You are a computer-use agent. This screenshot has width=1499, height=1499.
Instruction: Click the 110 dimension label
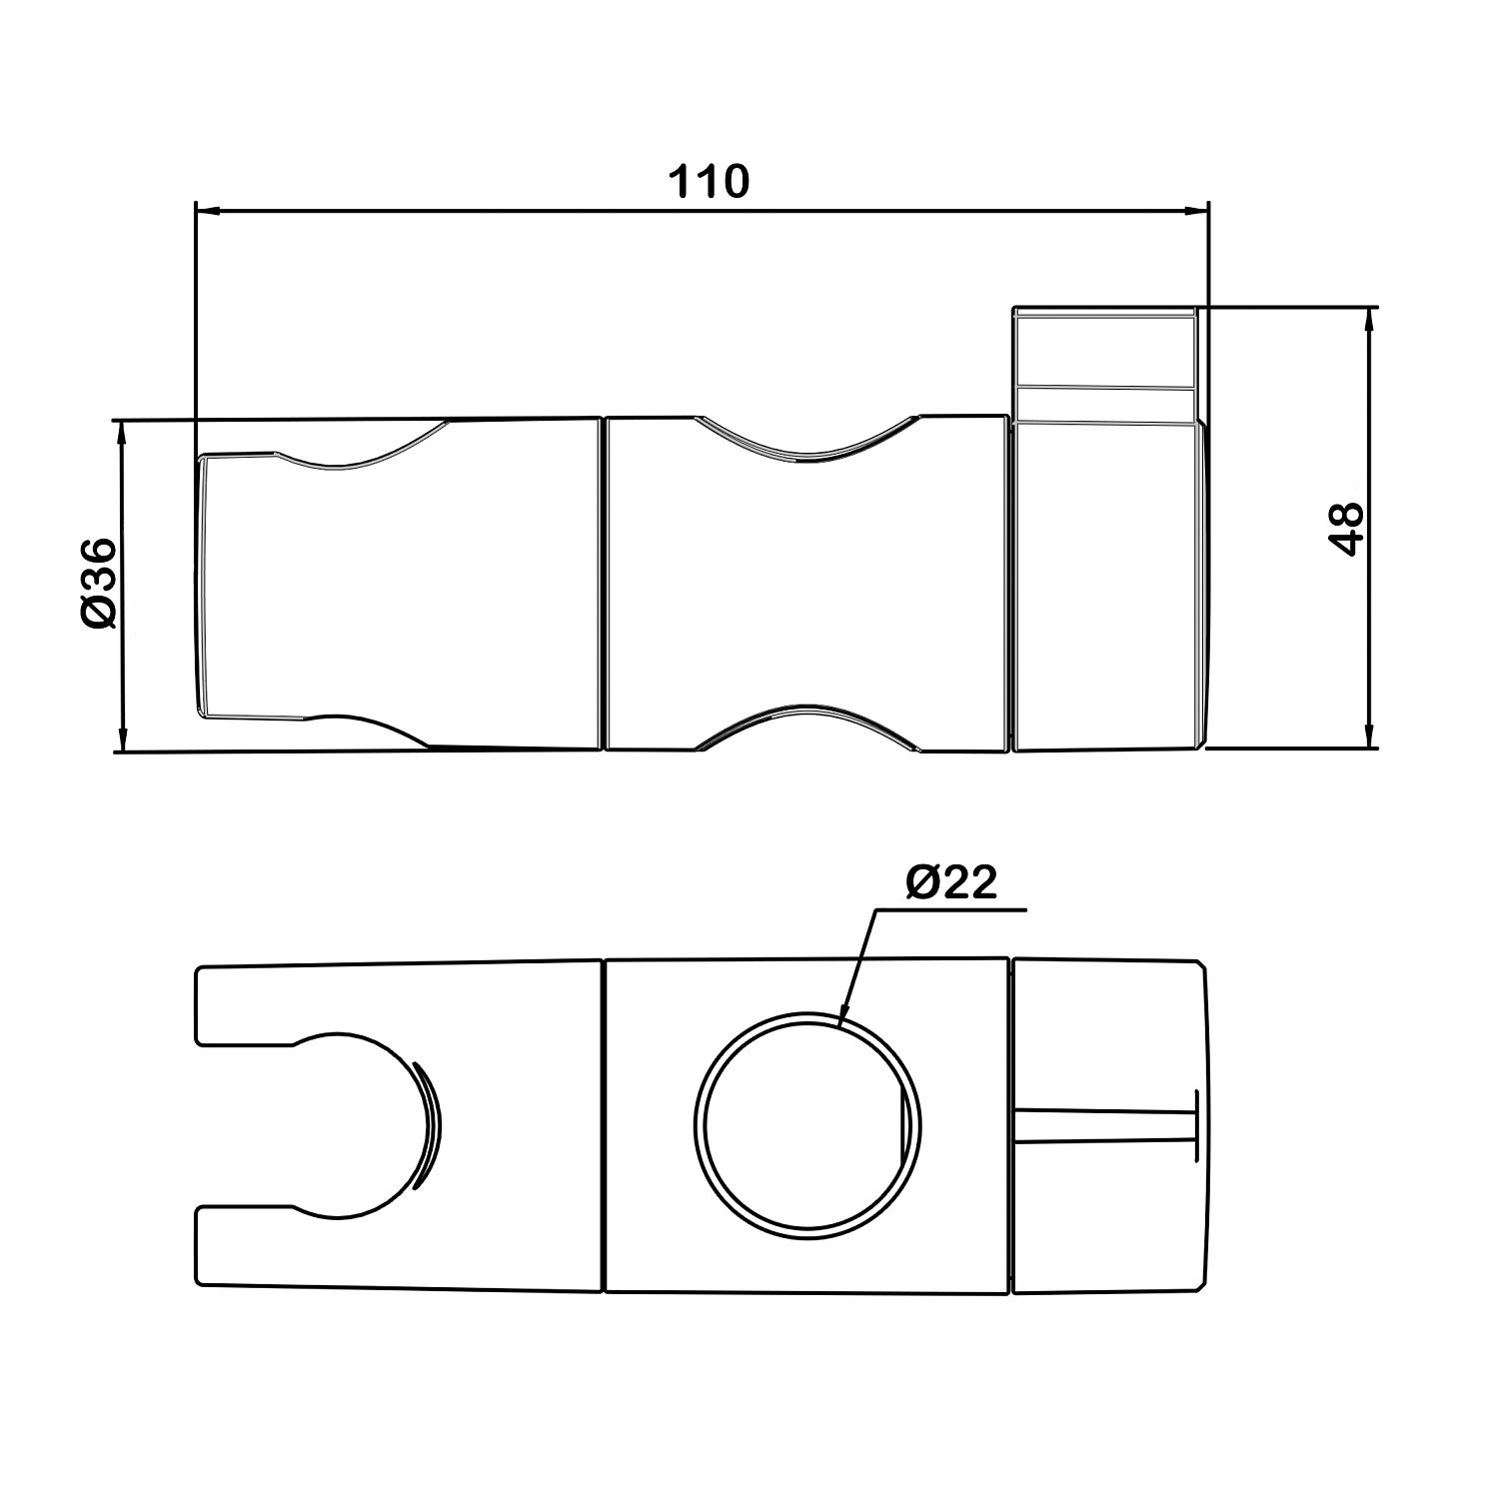click(708, 183)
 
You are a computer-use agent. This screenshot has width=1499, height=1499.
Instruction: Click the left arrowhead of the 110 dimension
click(207, 211)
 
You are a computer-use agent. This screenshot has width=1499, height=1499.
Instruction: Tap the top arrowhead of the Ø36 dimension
click(122, 432)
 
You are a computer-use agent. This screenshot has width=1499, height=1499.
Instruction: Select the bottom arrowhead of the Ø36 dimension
click(122, 739)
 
